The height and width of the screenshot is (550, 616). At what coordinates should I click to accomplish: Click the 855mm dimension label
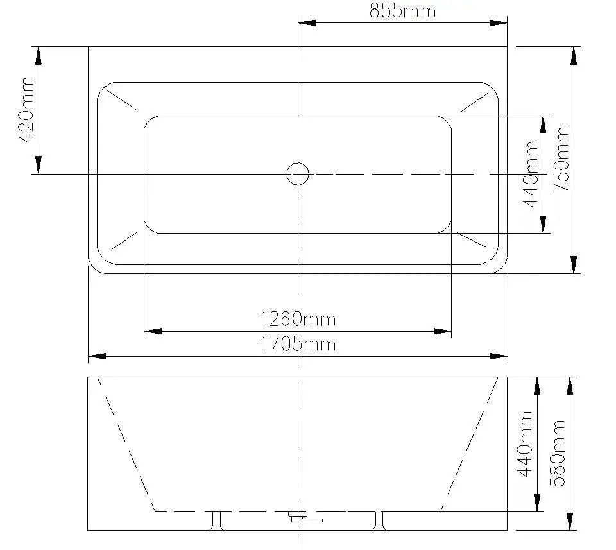tap(402, 11)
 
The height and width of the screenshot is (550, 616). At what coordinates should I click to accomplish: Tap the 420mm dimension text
tap(25, 110)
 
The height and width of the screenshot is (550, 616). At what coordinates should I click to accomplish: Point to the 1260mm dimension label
tap(297, 318)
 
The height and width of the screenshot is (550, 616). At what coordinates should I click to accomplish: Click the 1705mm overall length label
tap(297, 344)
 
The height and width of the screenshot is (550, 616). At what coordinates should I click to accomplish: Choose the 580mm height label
tap(558, 453)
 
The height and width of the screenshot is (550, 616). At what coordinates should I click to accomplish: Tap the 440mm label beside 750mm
tap(531, 174)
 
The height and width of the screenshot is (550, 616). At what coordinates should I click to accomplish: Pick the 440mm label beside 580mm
tap(526, 443)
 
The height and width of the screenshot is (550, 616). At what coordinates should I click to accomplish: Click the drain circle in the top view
tap(297, 173)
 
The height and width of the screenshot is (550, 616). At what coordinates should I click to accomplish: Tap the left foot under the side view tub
tap(217, 520)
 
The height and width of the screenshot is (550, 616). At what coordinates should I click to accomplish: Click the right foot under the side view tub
tap(377, 520)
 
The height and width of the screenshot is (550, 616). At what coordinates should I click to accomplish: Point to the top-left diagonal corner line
tap(122, 100)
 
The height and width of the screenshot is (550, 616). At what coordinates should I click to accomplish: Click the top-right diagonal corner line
tap(475, 101)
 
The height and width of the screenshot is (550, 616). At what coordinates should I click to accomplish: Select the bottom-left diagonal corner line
tap(125, 239)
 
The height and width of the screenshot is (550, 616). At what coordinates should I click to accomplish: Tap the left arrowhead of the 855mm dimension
tap(307, 23)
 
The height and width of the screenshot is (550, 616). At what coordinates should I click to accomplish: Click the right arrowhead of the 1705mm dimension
tap(499, 356)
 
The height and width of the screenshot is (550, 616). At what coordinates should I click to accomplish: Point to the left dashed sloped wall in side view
tap(126, 444)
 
